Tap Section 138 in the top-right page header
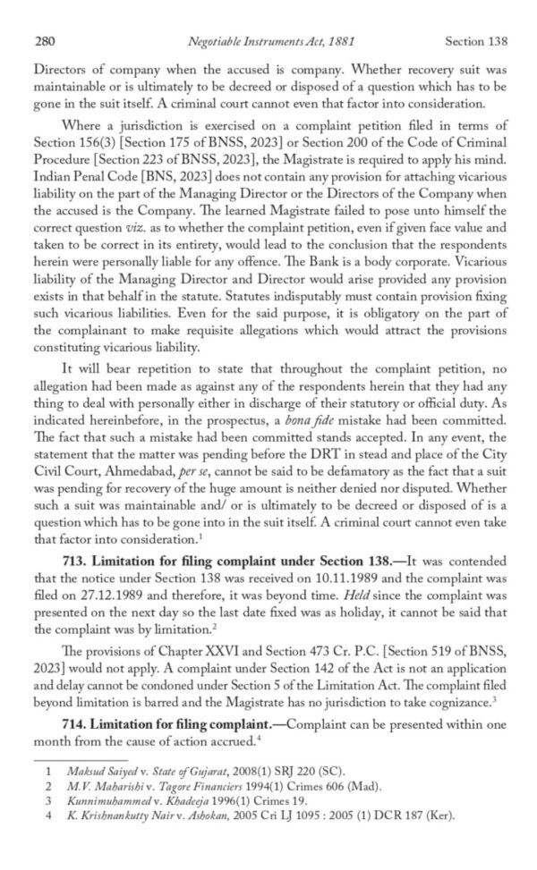(476, 41)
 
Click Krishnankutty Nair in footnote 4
(118, 815)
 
